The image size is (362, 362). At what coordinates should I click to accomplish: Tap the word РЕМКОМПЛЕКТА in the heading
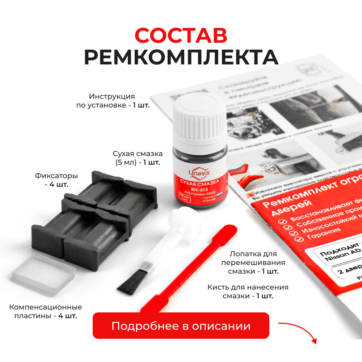[181, 57]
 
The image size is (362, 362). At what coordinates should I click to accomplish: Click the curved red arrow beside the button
[298, 331]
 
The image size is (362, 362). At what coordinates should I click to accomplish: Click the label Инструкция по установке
[112, 101]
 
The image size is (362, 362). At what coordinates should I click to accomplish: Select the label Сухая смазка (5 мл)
[138, 157]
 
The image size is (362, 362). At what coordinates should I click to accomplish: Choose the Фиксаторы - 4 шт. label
[56, 180]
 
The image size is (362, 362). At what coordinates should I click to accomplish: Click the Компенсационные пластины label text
[46, 311]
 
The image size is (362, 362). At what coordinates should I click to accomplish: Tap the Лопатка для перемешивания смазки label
[253, 262]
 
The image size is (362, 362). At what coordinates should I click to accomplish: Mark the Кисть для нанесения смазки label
[248, 291]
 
